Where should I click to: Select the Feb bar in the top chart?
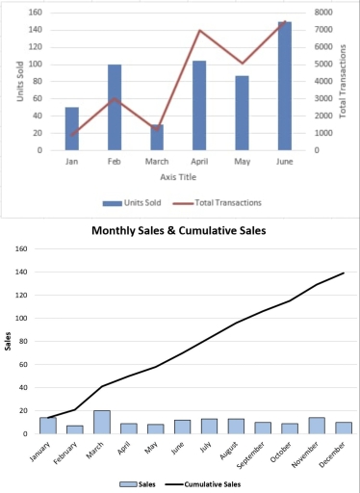point(115,107)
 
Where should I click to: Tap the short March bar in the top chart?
point(157,138)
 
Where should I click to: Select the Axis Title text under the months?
point(177,177)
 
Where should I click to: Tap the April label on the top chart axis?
point(199,162)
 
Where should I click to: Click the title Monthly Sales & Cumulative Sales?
point(178,231)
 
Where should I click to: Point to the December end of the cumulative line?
point(344,273)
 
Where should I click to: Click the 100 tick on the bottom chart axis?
point(18,319)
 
